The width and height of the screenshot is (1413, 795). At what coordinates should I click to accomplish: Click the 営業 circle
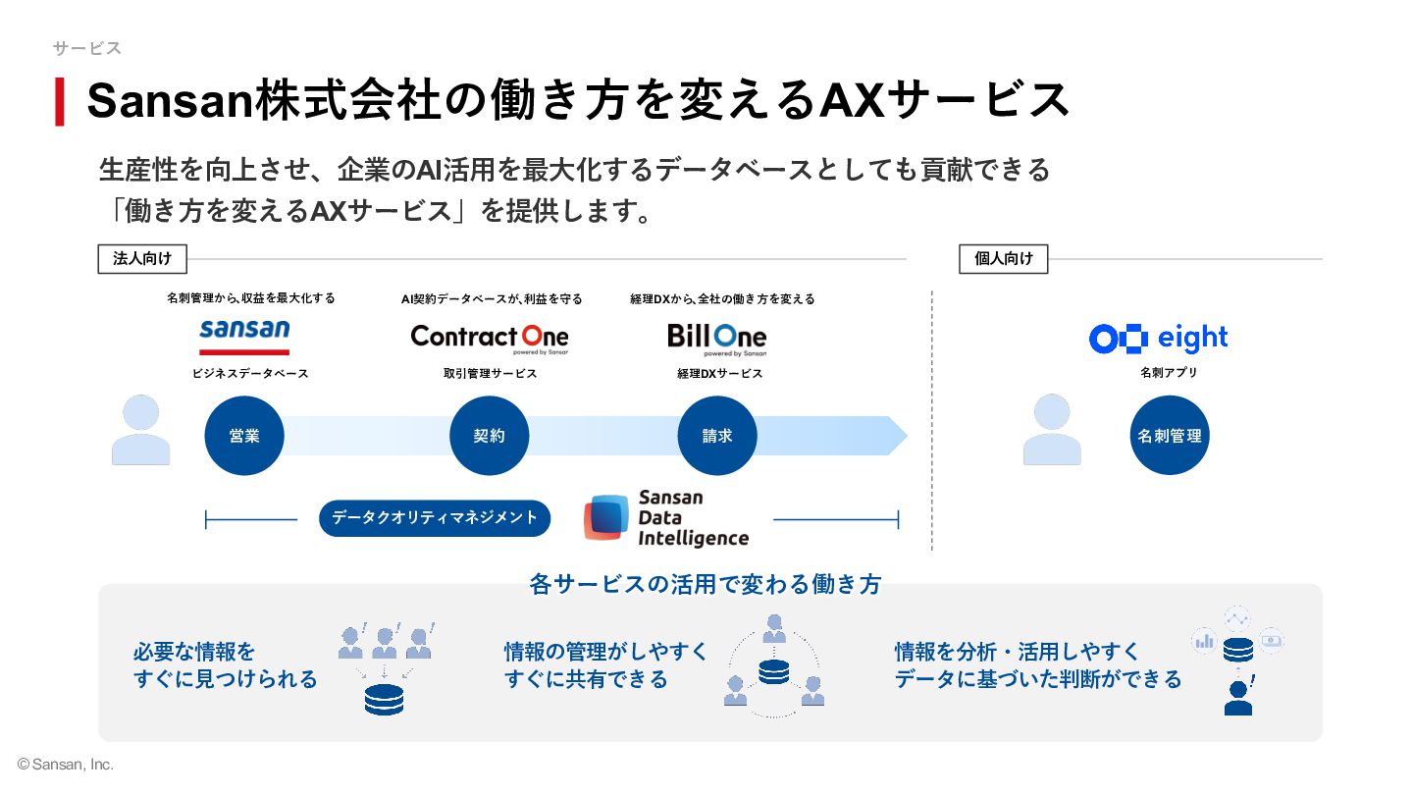(x=244, y=436)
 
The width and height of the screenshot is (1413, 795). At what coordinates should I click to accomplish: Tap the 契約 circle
(x=489, y=436)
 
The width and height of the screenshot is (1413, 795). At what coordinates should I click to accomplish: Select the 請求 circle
(x=717, y=436)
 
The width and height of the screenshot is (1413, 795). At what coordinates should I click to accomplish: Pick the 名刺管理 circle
(x=1170, y=436)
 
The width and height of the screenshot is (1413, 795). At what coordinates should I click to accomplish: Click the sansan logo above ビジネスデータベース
(x=244, y=337)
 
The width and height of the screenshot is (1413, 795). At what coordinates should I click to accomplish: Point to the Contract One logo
(x=490, y=339)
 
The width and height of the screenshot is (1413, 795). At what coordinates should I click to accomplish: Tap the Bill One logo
(x=717, y=340)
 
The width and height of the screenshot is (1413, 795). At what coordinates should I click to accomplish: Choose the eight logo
(x=1158, y=339)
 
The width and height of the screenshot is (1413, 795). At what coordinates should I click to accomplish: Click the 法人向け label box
(x=142, y=259)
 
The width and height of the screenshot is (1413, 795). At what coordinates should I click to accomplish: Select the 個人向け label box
(x=1004, y=259)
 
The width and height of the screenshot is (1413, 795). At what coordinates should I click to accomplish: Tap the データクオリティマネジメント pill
(x=435, y=518)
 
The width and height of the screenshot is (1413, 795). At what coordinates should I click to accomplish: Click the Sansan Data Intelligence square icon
(x=606, y=517)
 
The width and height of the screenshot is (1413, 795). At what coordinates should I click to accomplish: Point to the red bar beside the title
(x=60, y=102)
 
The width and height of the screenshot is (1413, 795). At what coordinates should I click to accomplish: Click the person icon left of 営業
(x=140, y=430)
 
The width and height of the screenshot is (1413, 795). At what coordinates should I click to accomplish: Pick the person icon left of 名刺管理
(x=1052, y=430)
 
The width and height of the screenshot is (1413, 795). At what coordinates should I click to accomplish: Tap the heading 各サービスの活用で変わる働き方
(x=706, y=584)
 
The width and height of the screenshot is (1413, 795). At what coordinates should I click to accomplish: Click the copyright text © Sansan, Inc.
(x=66, y=764)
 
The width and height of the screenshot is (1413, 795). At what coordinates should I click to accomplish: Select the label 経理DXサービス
(x=720, y=374)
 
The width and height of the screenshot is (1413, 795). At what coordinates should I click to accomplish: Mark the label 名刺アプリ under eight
(x=1169, y=372)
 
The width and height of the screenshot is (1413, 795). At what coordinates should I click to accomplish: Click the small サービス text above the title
(x=87, y=48)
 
